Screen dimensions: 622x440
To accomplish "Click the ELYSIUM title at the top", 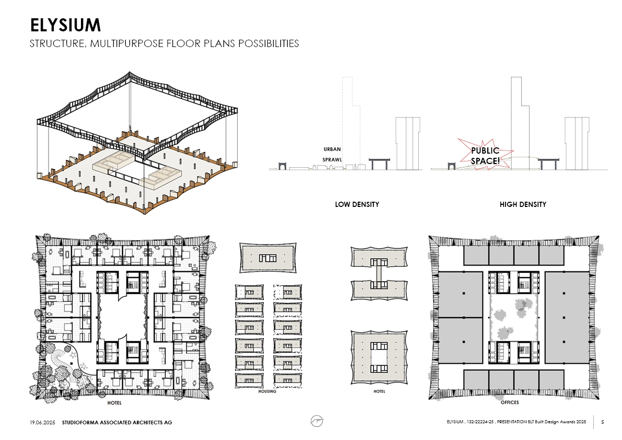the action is pyautogui.click(x=65, y=25).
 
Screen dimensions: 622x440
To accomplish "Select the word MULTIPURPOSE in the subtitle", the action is pyautogui.click(x=127, y=43).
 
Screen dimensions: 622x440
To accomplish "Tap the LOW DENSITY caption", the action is pyautogui.click(x=357, y=204).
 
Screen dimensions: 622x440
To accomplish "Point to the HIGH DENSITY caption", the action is pyautogui.click(x=523, y=204).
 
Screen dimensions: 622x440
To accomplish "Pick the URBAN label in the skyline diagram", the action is pyautogui.click(x=332, y=149).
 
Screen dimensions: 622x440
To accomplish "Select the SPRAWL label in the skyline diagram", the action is pyautogui.click(x=332, y=159).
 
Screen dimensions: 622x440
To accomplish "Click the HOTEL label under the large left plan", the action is pyautogui.click(x=114, y=403).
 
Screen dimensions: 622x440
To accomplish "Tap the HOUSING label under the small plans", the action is pyautogui.click(x=267, y=391).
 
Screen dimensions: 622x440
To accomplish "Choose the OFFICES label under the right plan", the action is pyautogui.click(x=510, y=402).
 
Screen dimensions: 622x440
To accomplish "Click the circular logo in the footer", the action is pyautogui.click(x=316, y=421).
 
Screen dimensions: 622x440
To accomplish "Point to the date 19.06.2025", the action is pyautogui.click(x=42, y=422).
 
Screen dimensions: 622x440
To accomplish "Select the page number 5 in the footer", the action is pyautogui.click(x=603, y=422).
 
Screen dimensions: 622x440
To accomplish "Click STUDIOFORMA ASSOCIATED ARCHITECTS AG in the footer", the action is pyautogui.click(x=117, y=422).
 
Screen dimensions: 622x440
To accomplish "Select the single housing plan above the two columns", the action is pyautogui.click(x=268, y=258).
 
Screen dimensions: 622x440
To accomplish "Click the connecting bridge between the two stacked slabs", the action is pyautogui.click(x=379, y=274).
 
